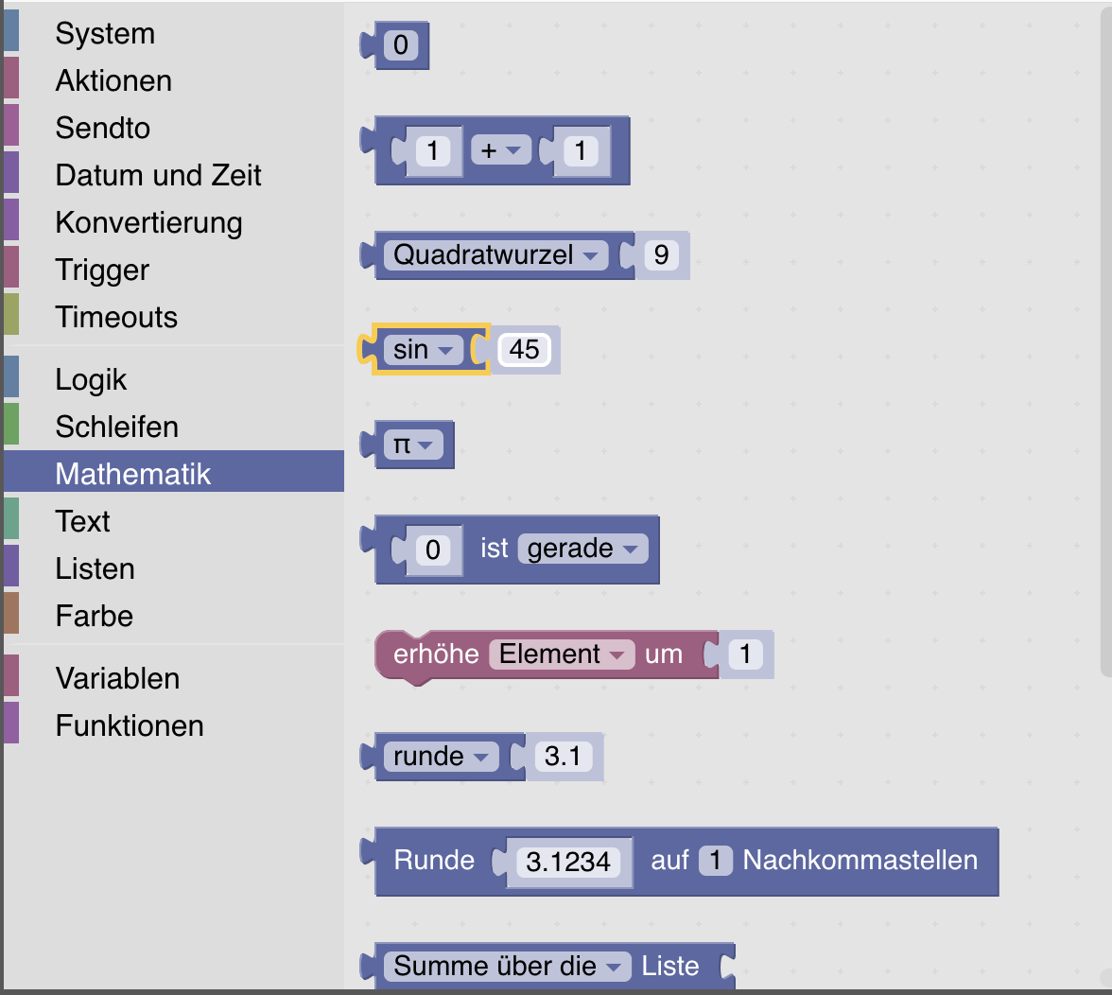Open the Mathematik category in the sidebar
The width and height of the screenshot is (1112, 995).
[x=132, y=474]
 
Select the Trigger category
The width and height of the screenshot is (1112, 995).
[x=102, y=271]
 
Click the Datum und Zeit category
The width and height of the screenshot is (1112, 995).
[x=158, y=175]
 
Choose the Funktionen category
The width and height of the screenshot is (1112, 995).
[x=130, y=725]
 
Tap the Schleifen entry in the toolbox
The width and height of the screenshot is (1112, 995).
[x=117, y=427]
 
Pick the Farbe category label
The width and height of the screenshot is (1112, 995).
[x=95, y=616]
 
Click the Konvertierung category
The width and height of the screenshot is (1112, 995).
[x=149, y=222]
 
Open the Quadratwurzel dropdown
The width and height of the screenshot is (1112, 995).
[x=495, y=255]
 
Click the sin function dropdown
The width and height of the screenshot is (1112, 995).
[x=424, y=350]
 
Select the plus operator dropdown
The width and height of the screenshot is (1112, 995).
[x=501, y=150]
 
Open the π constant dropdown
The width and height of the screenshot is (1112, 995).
[x=413, y=445]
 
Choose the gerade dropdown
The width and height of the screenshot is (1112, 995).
[x=582, y=549]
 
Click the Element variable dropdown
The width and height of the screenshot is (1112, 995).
[x=562, y=654]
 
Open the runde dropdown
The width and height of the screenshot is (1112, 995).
[x=441, y=756]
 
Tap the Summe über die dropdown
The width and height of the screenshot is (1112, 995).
[x=507, y=966]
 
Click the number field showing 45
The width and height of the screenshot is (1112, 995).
[x=524, y=350]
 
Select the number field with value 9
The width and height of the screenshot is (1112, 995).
[x=661, y=255]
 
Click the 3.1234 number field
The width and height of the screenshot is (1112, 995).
[x=568, y=862]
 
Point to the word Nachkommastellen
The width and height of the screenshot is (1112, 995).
[x=860, y=861]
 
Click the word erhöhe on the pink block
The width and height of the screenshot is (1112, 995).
[x=436, y=654]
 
